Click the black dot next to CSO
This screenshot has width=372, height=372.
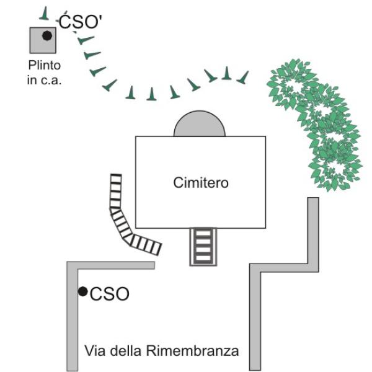click(82, 291)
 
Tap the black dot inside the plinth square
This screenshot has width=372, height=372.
click(46, 36)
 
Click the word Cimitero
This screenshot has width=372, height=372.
click(201, 184)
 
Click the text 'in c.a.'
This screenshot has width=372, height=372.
click(44, 81)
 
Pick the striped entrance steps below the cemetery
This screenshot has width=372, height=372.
click(203, 246)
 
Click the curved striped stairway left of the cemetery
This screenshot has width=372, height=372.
click(127, 220)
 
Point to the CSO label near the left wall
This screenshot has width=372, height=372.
click(110, 294)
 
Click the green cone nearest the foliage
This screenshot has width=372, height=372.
click(243, 77)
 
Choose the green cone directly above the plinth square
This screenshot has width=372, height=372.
click(44, 14)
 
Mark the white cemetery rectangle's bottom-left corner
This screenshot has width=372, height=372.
click(136, 228)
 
